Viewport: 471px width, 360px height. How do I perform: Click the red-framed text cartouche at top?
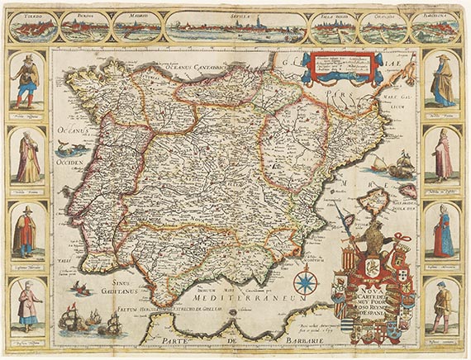pos(341,68)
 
